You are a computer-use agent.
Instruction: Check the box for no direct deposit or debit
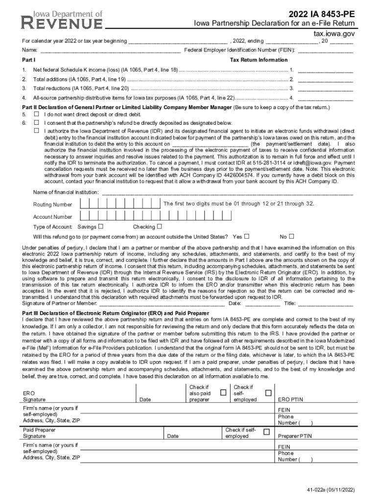tap(36, 114)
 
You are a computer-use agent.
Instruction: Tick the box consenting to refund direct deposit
tap(36, 122)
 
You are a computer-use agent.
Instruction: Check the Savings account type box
tap(101, 227)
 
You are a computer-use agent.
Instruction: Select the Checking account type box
tap(160, 227)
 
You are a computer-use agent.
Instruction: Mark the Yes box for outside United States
tap(246, 236)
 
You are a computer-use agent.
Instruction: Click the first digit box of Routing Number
tap(85, 204)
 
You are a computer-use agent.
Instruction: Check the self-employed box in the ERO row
tap(268, 393)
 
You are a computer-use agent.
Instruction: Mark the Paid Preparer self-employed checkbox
tap(266, 432)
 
